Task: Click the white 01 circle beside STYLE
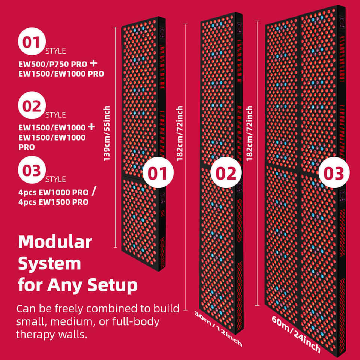32,42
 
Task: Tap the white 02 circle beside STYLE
32,106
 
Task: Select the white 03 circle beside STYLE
32,170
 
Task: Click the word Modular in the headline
55,242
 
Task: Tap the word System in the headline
49,263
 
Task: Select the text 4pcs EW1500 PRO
53,202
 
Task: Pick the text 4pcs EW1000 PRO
53,193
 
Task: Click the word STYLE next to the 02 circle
55,115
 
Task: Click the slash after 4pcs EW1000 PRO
94,192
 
